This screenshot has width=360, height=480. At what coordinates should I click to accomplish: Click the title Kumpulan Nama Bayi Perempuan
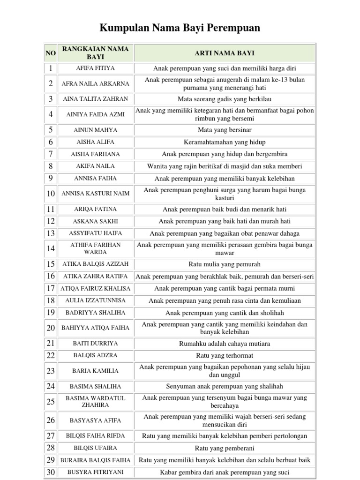point(180,29)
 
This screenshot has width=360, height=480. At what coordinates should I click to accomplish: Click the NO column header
point(51,53)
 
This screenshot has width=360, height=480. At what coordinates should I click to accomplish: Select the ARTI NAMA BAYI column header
point(225,53)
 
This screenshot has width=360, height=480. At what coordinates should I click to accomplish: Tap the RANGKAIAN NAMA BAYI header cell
point(95,53)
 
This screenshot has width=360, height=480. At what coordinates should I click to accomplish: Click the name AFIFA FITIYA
point(95,68)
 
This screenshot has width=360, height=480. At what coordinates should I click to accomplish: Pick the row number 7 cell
point(51,154)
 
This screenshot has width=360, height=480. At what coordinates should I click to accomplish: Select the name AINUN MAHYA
point(95,130)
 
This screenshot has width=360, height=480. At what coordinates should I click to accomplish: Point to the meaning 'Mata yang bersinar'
point(225,130)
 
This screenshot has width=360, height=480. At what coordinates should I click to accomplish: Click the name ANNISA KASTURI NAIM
point(95,194)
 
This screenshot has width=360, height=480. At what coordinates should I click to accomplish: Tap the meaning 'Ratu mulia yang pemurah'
point(225,264)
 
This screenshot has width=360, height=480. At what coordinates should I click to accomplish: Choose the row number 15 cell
point(51,264)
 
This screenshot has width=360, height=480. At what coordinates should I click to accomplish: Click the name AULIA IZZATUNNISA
point(95,300)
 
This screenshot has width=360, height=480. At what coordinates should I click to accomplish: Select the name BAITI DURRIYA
point(95,344)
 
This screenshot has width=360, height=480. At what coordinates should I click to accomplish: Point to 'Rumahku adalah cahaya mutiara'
point(225,344)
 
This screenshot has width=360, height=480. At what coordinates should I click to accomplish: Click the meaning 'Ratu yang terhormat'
point(225,356)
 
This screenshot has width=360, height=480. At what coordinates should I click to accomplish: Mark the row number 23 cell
point(51,371)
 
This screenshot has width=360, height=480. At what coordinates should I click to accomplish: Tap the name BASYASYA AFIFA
point(95,420)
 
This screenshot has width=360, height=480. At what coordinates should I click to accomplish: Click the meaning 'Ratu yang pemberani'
point(225,448)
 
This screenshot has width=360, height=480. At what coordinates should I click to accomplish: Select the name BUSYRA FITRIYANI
point(95,472)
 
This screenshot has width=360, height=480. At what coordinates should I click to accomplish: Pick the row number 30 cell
point(51,472)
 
